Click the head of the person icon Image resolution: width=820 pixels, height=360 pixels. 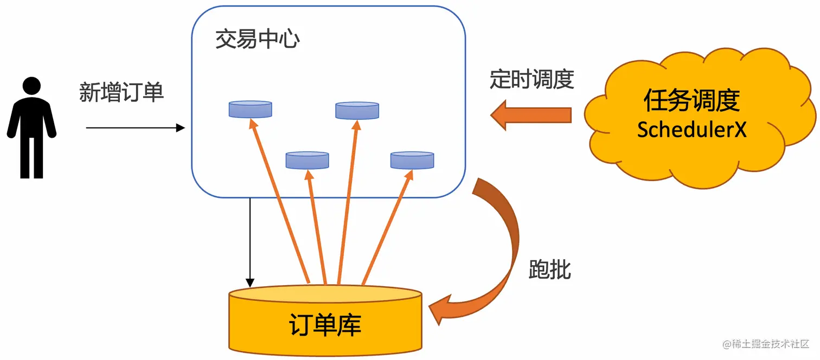(31, 87)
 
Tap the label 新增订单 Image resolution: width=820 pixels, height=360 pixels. (121, 93)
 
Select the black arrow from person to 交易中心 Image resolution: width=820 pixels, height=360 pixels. (136, 128)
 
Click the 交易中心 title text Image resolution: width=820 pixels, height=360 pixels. (258, 40)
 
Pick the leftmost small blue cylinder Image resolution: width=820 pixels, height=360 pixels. (250, 110)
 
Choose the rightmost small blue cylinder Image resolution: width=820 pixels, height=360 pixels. (412, 160)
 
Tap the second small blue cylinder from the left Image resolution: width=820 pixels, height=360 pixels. (307, 160)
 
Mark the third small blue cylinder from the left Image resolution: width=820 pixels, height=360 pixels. (357, 111)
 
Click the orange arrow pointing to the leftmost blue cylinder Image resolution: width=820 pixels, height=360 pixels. (279, 201)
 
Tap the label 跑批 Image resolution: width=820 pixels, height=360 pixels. (549, 269)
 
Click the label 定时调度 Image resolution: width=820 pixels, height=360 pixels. (531, 79)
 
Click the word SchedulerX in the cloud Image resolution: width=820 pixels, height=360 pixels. (691, 130)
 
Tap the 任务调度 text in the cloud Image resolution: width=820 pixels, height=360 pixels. (691, 101)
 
